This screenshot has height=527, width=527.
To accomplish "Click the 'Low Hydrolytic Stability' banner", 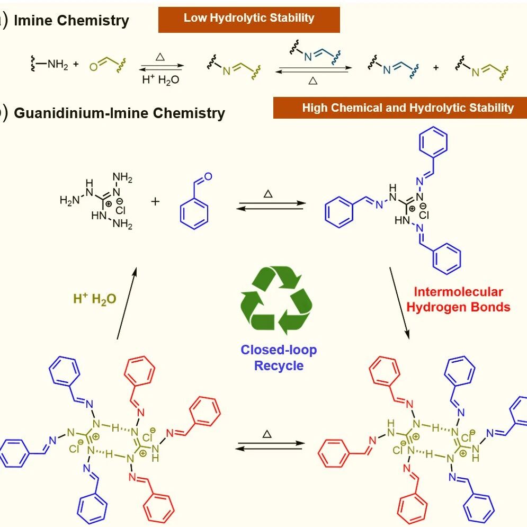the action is (x=249, y=20).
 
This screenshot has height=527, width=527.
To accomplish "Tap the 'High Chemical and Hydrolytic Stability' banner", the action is (x=400, y=108).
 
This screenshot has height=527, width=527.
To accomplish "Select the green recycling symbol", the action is (x=276, y=300).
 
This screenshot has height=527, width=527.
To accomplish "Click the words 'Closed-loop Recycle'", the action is (x=279, y=358).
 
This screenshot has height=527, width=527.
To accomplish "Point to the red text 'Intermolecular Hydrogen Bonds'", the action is (x=458, y=299).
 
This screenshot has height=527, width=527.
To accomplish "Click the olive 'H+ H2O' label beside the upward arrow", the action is (x=95, y=298).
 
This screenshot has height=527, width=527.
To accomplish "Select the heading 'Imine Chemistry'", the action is (x=72, y=21).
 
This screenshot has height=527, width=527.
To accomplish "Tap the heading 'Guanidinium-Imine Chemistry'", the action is (x=119, y=113).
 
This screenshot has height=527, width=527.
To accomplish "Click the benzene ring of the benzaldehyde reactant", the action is (x=194, y=214).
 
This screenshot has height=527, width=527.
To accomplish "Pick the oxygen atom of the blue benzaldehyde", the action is (x=208, y=176).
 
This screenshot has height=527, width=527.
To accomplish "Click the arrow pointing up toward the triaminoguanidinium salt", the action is (x=127, y=303).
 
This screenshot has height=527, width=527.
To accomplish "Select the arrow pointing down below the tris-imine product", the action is (x=399, y=303).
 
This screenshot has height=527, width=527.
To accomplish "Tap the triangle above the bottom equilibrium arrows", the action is (x=267, y=434).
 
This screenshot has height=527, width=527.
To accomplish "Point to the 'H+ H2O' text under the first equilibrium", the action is (x=160, y=79).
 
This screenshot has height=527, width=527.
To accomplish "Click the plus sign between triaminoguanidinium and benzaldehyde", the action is (x=155, y=201).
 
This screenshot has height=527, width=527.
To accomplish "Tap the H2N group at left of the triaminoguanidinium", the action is (x=69, y=200).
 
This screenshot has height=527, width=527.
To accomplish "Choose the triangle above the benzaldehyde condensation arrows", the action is (x=268, y=194).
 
